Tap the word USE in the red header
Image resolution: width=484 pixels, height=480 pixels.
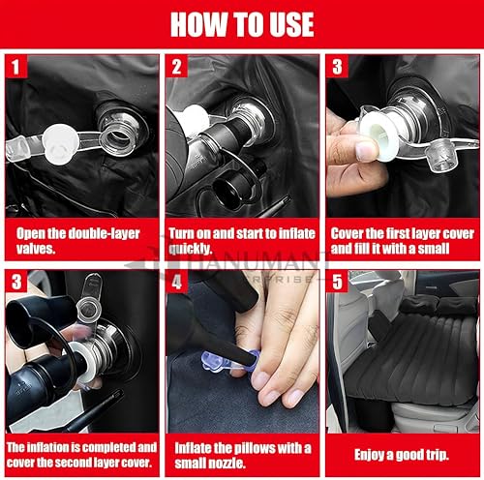click(x=291, y=24)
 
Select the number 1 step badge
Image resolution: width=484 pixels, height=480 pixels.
click(x=15, y=67)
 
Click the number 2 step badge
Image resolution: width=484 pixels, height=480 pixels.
click(x=176, y=67)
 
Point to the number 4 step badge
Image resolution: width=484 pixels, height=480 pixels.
click(x=176, y=282)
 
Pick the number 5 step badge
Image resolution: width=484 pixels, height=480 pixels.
click(x=337, y=282)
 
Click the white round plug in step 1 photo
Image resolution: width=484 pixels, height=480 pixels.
click(x=60, y=144)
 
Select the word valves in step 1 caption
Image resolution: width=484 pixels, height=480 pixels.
click(x=36, y=249)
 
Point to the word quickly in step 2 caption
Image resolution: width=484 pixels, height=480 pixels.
click(x=191, y=249)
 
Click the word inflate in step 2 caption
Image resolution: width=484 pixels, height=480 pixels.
click(x=297, y=233)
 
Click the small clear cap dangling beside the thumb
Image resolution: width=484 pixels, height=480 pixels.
click(x=439, y=159)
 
